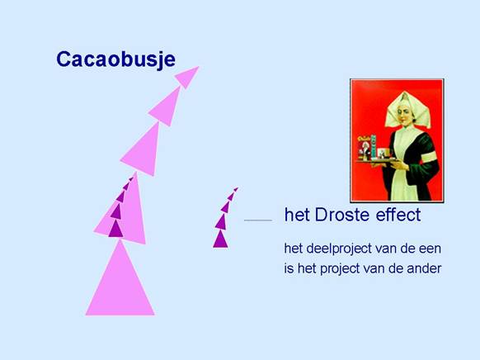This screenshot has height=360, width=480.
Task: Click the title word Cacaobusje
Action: coord(115,59)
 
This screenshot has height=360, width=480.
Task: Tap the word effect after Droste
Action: coord(398,214)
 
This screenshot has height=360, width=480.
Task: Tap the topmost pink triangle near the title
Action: coord(187,77)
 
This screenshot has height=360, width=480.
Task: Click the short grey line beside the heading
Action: coord(258,220)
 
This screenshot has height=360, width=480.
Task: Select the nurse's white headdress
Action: coord(407,111)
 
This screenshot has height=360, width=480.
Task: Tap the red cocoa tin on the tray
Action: coord(365,148)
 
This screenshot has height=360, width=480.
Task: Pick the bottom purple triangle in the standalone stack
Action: coord(220,240)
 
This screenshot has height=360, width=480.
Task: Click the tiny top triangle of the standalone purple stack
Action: coord(236,189)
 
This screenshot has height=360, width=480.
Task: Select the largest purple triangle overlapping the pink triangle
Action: coord(115,230)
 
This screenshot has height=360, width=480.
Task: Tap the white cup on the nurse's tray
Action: coord(382,153)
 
